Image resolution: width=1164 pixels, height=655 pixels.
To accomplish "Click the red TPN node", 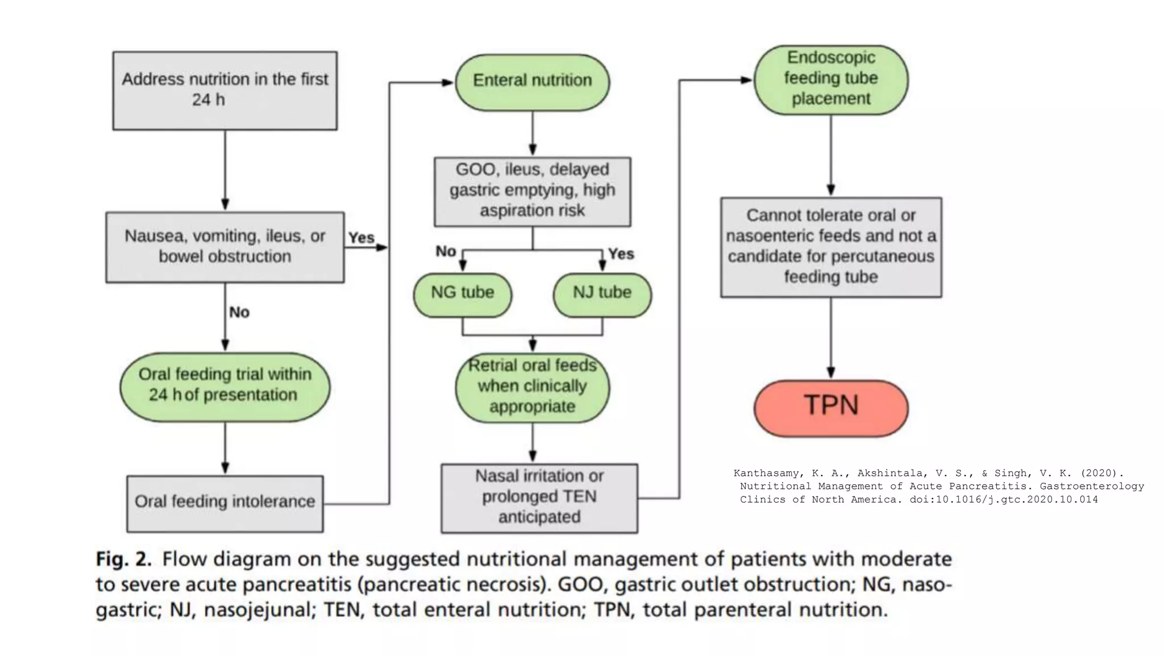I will [831, 408].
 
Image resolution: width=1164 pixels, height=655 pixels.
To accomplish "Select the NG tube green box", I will [462, 295].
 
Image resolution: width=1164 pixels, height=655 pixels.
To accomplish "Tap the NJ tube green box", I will [602, 295].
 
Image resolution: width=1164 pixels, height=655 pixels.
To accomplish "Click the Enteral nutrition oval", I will [532, 82].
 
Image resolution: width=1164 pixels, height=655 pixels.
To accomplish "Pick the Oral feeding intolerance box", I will [225, 503].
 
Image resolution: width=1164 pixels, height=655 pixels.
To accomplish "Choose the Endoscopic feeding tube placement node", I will [831, 80].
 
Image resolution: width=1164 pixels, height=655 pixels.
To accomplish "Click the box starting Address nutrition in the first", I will [225, 90].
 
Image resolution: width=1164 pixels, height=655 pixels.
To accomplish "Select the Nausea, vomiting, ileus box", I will [225, 247].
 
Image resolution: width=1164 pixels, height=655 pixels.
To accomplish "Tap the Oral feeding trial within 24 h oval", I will [225, 386].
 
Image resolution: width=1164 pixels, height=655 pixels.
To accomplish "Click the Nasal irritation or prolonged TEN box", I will [539, 498].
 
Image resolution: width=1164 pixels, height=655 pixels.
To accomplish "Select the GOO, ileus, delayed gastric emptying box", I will [532, 192].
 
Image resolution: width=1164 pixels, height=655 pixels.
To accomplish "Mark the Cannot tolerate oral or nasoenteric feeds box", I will [831, 247].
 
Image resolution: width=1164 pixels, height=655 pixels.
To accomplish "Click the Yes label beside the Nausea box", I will [361, 238].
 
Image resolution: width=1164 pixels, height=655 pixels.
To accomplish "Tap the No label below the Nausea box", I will [239, 312].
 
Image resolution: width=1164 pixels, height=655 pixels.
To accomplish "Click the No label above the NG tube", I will [446, 251].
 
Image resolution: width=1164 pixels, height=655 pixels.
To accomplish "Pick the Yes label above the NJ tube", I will [621, 254].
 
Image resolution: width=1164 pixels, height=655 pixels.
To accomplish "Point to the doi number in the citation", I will [1004, 500].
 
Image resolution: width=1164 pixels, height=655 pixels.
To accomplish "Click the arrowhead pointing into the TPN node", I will [831, 372].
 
